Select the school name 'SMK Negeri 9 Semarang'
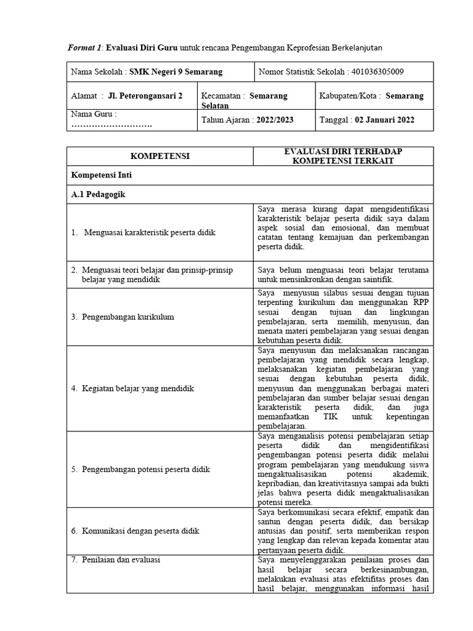(x=176, y=72)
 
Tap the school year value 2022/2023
(x=275, y=120)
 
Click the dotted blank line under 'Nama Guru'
(x=111, y=125)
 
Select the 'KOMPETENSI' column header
(x=160, y=157)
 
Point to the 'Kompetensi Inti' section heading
(x=102, y=175)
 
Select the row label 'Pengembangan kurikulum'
(x=127, y=317)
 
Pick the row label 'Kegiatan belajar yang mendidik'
(x=138, y=389)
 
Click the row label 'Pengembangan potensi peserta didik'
(x=145, y=470)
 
